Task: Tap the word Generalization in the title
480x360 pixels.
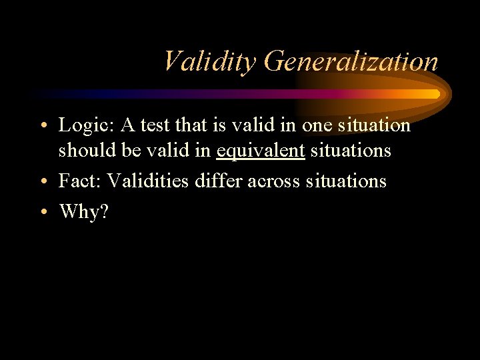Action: point(351,62)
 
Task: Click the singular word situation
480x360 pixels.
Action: point(375,125)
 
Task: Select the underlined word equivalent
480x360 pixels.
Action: point(261,151)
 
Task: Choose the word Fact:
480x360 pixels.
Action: point(80,181)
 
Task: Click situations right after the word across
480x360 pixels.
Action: point(346,181)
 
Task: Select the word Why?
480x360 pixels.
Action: point(84,211)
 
